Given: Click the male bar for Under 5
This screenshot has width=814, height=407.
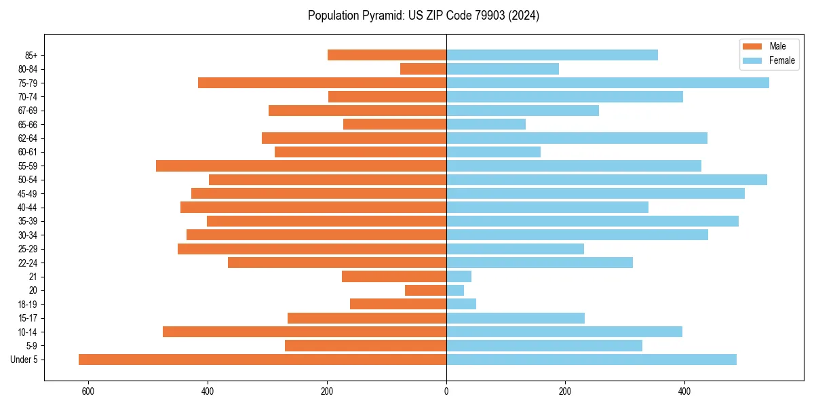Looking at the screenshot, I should pyautogui.click(x=263, y=360).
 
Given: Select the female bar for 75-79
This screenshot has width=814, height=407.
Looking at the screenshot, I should pyautogui.click(x=608, y=83).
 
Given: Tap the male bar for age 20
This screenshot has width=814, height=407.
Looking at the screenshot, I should pyautogui.click(x=425, y=290).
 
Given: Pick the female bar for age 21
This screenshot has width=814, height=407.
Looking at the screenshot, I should pyautogui.click(x=459, y=276).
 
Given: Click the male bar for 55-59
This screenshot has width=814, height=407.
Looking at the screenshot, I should pyautogui.click(x=301, y=166).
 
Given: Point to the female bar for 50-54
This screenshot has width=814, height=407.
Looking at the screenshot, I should pyautogui.click(x=606, y=180).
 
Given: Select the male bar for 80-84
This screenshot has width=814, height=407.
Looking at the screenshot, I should pyautogui.click(x=423, y=69).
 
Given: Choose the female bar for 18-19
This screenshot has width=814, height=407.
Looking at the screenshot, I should pyautogui.click(x=461, y=304).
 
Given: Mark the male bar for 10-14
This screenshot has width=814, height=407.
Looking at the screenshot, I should pyautogui.click(x=305, y=332).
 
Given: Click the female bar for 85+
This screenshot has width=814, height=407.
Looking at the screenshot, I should pyautogui.click(x=552, y=55).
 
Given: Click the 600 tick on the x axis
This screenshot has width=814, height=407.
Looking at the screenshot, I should pyautogui.click(x=88, y=391).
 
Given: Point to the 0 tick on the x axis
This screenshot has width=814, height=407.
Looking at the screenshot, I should pyautogui.click(x=446, y=391).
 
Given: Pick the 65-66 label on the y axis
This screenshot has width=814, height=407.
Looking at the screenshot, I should pyautogui.click(x=28, y=124).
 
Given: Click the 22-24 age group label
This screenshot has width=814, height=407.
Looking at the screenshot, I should pyautogui.click(x=28, y=263).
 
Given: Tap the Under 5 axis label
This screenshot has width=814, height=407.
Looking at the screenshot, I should pyautogui.click(x=24, y=360).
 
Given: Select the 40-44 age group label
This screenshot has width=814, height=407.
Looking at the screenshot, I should pyautogui.click(x=28, y=208).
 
